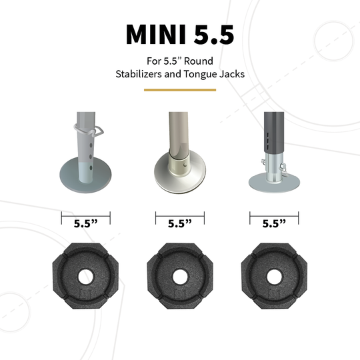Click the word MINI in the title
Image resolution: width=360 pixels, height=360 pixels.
pos(154,34)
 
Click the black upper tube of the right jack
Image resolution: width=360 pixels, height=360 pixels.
pos(272,130)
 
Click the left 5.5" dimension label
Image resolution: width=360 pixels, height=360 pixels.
pos(85,225)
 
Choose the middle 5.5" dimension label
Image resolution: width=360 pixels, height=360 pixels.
pos(179,225)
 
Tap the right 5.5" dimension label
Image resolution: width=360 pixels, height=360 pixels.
pos(274,225)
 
